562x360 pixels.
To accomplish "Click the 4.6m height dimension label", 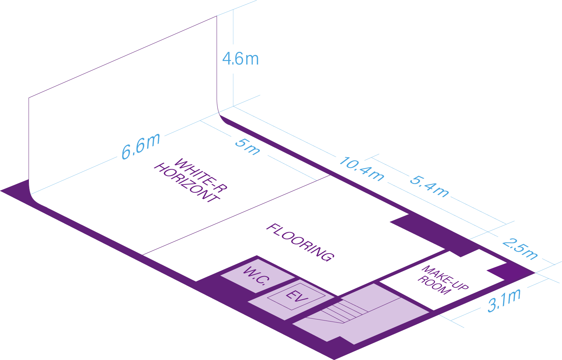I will pos(241,59).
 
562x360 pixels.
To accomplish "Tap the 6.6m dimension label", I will pos(141,146).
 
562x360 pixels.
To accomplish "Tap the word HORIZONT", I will pos(187,182).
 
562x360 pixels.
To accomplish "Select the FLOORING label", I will pos(300,242).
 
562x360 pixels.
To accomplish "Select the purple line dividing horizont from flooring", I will pos(236,215).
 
